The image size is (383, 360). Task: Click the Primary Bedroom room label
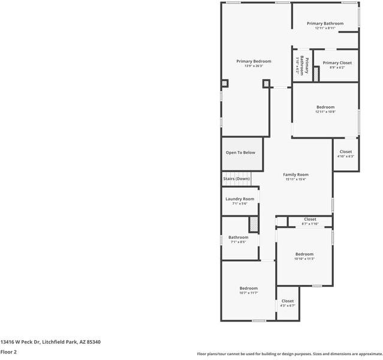254,61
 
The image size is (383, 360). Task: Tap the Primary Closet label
337,63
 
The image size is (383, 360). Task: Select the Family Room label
295,175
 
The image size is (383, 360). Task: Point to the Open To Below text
240,152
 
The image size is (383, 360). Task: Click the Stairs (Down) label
236,179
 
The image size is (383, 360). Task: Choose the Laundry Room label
240,199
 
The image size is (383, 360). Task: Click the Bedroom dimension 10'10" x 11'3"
304,259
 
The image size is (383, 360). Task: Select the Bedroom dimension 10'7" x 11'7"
248,293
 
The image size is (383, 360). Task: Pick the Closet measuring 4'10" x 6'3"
346,157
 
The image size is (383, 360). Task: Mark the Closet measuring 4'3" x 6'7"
288,305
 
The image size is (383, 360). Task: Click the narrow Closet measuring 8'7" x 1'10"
310,224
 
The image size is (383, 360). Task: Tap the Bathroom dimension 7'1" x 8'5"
238,242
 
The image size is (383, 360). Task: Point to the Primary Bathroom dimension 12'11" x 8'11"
325,28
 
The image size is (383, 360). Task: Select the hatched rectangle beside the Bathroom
254,224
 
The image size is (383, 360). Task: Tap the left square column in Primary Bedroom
225,83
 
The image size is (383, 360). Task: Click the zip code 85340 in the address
93,341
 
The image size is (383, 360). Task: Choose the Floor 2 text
8,352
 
